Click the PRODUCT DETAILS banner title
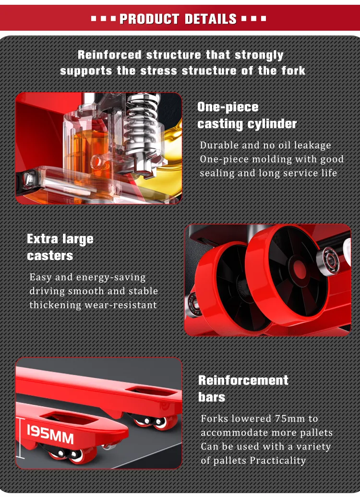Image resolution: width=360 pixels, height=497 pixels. [x=178, y=19]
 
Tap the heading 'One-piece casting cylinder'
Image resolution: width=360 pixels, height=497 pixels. [x=247, y=115]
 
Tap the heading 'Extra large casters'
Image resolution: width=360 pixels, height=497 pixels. [x=60, y=247]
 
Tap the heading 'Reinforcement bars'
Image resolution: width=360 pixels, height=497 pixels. [x=243, y=389]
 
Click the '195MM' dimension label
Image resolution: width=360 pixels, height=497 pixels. [x=50, y=433]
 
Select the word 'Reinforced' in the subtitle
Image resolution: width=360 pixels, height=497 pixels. [x=110, y=55]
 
